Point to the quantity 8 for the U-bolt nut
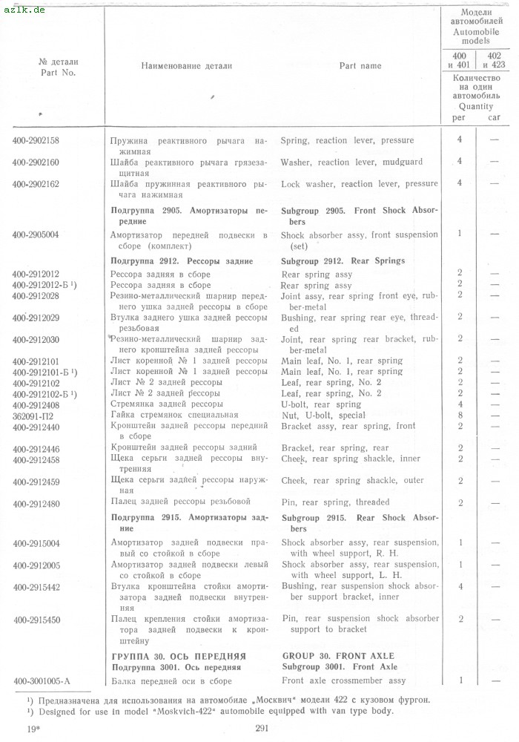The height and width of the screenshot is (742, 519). [460, 416]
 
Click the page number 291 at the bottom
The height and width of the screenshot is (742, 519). [260, 729]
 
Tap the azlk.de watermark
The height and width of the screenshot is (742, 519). [24, 10]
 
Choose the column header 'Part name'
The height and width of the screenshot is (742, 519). [360, 66]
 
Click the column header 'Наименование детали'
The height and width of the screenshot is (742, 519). [186, 66]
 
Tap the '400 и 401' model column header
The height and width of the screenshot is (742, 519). [460, 59]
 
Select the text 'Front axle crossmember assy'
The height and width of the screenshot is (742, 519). [343, 680]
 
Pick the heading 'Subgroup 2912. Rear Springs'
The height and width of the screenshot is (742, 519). [343, 261]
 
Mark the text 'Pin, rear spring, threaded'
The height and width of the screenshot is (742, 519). [335, 503]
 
